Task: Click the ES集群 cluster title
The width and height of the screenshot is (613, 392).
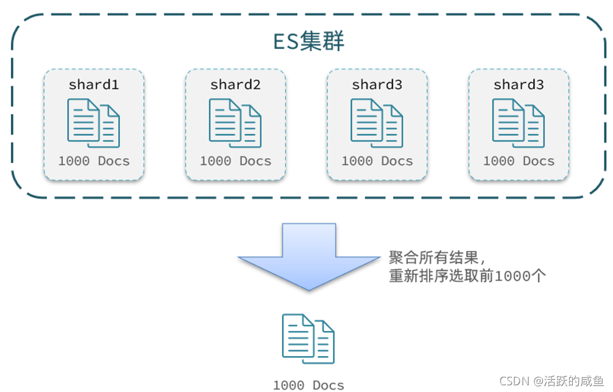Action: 308,41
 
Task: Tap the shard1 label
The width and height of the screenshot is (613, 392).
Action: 93,85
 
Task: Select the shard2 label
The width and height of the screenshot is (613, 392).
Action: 235,85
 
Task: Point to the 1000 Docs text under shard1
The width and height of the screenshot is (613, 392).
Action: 94,161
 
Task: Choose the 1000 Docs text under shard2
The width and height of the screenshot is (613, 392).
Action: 235,161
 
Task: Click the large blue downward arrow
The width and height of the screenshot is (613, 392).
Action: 308,256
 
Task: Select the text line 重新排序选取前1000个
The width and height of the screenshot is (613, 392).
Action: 467,276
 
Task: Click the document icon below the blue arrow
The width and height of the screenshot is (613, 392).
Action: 308,339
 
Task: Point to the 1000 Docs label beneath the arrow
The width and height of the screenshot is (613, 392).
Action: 308,385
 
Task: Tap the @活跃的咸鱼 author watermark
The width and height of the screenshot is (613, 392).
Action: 569,381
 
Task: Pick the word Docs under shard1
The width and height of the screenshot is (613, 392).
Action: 113,161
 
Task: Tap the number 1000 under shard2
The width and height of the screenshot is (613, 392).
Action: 215,161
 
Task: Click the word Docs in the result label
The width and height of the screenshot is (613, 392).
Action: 328,385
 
